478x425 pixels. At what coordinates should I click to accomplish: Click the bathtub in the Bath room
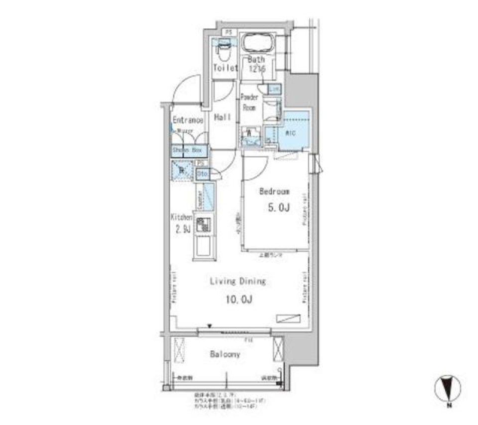258,43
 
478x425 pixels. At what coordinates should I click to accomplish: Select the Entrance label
188,120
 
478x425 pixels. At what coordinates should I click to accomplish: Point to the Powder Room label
249,102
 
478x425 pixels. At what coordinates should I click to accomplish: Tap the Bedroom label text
274,192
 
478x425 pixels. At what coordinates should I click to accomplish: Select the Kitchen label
182,217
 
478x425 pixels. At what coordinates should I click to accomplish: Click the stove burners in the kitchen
203,225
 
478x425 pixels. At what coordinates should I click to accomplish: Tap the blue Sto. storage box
202,174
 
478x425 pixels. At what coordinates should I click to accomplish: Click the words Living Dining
237,281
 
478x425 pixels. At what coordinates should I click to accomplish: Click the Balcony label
225,354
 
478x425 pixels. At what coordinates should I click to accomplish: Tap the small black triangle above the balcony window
210,326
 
